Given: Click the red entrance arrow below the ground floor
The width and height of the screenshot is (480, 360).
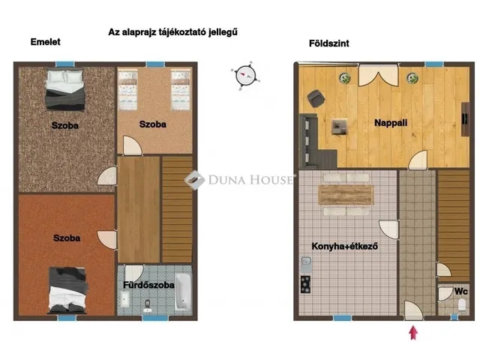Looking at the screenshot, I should [x=412, y=332].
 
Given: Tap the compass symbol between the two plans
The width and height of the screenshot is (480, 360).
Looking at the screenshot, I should [x=244, y=75].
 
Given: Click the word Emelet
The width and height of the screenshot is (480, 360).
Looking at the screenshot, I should [x=46, y=43].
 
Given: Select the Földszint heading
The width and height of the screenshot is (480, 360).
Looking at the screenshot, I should [x=328, y=43].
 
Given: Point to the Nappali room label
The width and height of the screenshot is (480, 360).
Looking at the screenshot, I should [x=391, y=123].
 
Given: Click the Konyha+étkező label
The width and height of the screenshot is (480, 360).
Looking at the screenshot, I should [x=343, y=245].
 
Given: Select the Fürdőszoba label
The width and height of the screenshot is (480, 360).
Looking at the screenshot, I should [x=148, y=285].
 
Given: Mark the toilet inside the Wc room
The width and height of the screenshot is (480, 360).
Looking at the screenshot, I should [x=463, y=305].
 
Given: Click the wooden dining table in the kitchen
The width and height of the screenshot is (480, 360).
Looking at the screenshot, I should [x=346, y=195].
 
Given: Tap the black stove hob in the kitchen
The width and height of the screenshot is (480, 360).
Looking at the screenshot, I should [x=306, y=283].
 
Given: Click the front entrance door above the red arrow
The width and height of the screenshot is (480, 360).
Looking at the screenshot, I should [x=412, y=310].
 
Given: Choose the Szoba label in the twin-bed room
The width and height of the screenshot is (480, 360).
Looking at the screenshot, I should [x=153, y=124].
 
